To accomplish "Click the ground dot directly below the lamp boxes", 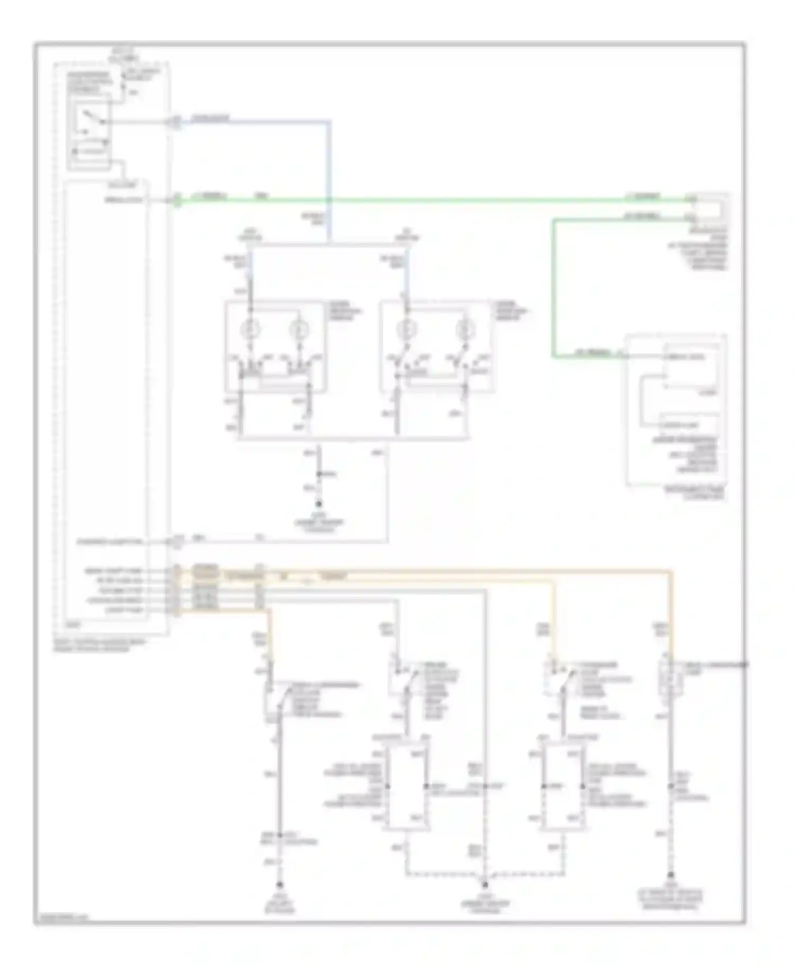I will (x=319, y=504).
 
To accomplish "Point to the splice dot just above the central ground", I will (x=319, y=474).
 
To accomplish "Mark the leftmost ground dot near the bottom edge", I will (x=280, y=884).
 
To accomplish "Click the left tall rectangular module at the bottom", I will (x=407, y=786).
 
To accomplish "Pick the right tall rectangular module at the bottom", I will (x=563, y=786).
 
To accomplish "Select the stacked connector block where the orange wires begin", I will (x=176, y=591).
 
